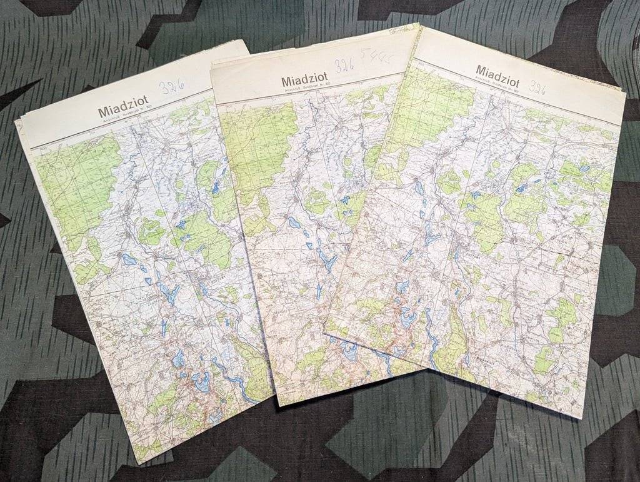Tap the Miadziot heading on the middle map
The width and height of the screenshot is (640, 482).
point(304,81)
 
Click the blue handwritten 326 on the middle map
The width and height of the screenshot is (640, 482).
point(345,66)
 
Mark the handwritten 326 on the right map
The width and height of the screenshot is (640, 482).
point(537,87)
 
